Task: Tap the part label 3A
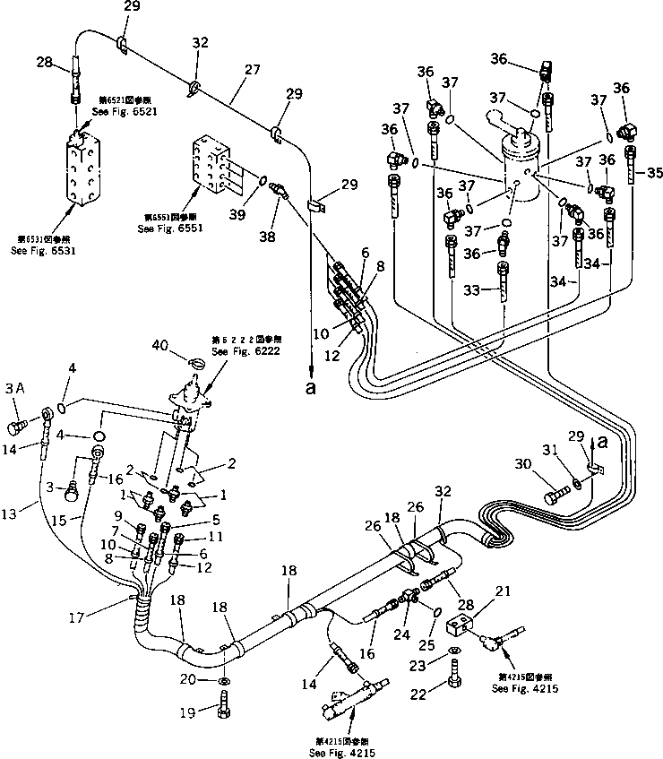pos(14,389)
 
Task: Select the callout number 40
pos(159,344)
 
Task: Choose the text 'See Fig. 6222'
pos(234,352)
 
